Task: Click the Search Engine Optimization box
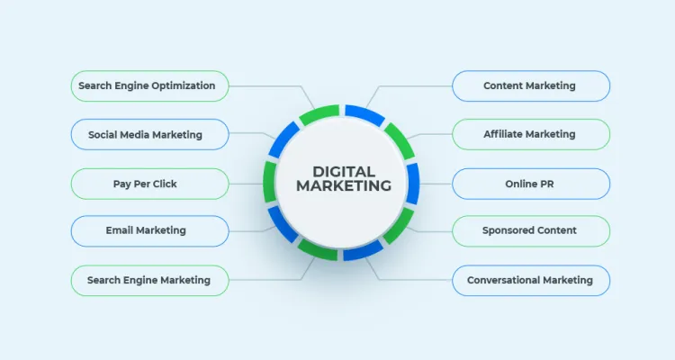149,86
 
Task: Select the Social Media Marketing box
149,134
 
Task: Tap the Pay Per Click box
149,184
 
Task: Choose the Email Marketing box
149,230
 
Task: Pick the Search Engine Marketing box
149,280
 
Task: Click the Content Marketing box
531,86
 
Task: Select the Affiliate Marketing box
531,134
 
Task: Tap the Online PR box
531,184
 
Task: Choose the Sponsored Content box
531,230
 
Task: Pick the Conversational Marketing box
531,280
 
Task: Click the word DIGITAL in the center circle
344,172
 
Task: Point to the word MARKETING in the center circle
344,185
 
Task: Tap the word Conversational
503,280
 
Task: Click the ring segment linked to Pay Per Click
270,182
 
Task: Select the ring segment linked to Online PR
413,184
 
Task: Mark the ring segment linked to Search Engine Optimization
319,114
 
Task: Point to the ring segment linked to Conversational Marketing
364,250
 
